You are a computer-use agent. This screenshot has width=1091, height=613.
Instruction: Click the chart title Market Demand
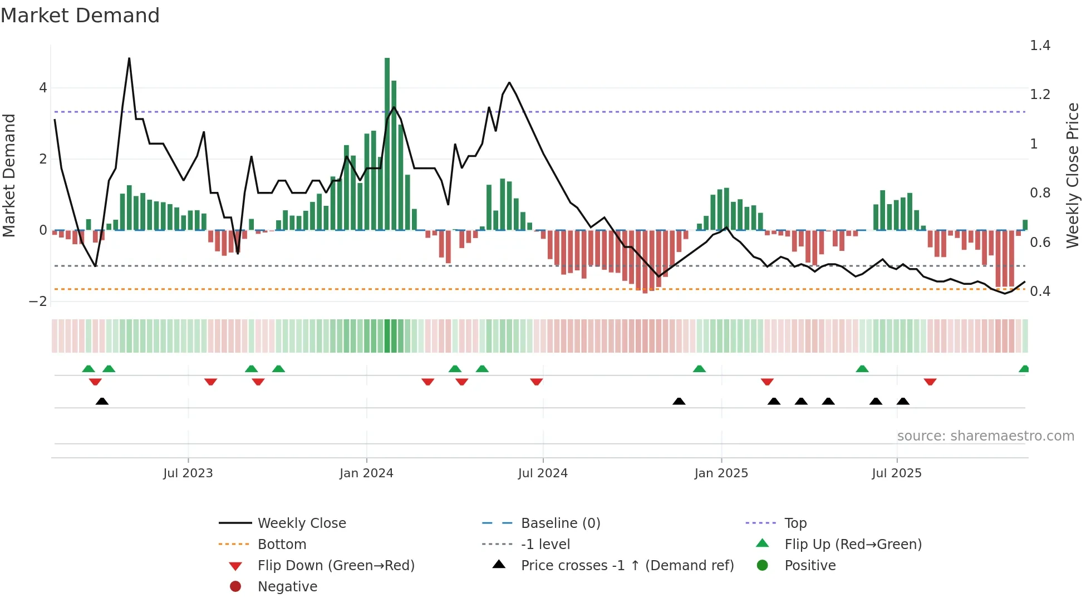click(80, 16)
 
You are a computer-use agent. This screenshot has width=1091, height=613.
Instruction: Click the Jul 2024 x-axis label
click(543, 473)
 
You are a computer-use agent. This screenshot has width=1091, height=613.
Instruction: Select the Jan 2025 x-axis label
click(721, 473)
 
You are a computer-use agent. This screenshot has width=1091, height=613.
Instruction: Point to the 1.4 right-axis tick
click(1040, 46)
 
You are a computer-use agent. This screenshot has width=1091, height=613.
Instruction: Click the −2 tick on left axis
click(38, 301)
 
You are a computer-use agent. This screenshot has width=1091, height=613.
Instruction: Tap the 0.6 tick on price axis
click(1040, 243)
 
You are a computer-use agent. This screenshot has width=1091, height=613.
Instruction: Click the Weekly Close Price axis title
click(1072, 175)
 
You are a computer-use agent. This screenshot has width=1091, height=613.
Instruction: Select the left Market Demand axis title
click(9, 175)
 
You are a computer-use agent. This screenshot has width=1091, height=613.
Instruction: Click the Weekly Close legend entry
click(301, 523)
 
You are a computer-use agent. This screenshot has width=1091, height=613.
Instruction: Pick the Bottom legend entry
click(282, 545)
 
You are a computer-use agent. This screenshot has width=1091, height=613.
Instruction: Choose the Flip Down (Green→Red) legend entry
click(336, 566)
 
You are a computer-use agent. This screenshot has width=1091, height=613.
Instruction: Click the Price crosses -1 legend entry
click(627, 566)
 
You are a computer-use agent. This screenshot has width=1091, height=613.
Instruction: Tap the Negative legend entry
click(287, 587)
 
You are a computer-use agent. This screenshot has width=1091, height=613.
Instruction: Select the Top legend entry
click(795, 523)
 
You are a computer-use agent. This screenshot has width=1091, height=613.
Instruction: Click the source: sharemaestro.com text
click(985, 436)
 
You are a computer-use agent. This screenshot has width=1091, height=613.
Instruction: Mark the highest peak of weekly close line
click(129, 58)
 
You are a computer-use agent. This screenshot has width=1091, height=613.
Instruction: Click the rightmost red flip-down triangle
click(930, 382)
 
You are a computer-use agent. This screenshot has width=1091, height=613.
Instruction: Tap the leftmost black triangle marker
click(102, 401)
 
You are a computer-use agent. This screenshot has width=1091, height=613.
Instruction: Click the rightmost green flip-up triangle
click(1024, 369)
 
